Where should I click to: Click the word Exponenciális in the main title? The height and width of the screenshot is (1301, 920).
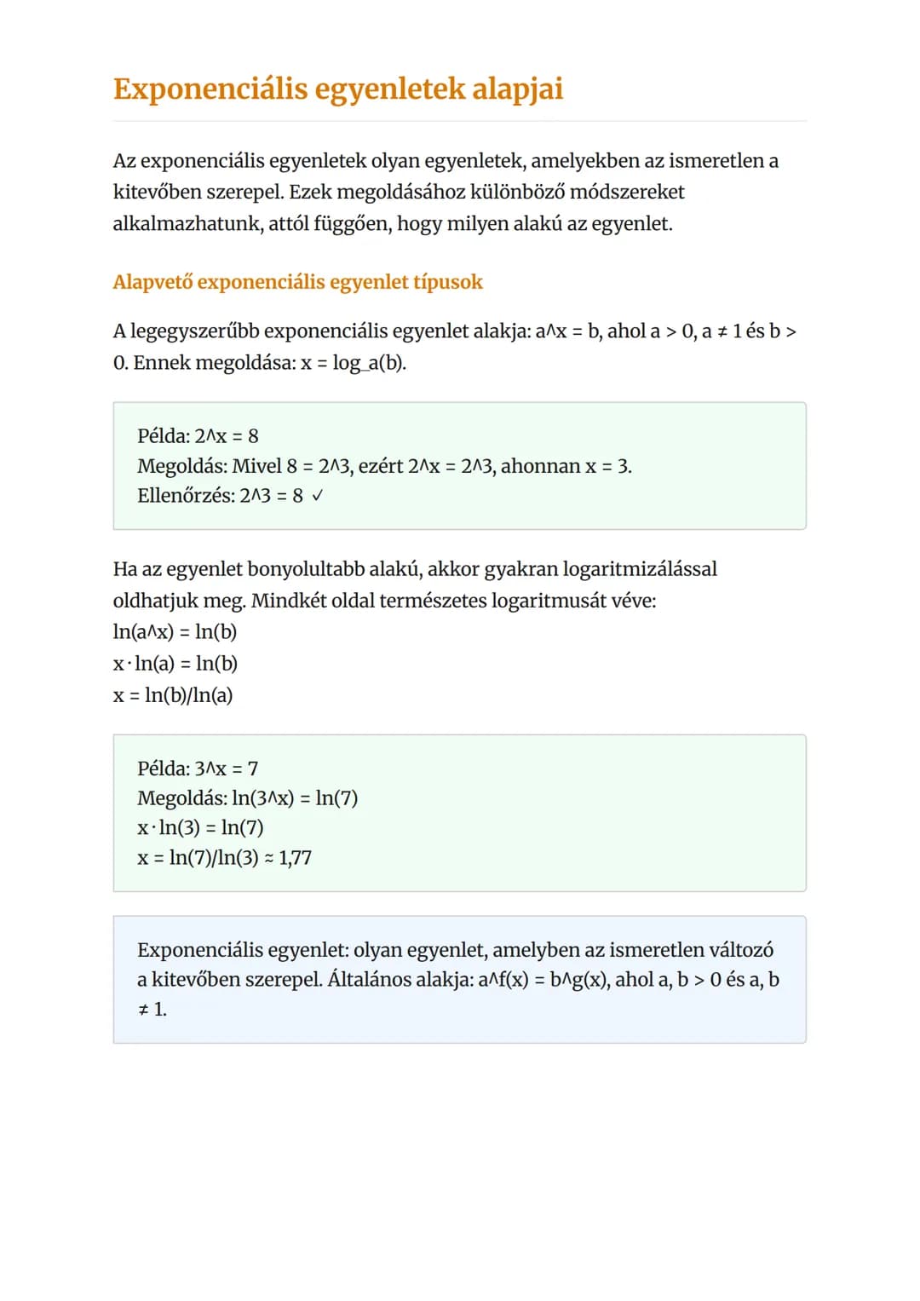click(210, 89)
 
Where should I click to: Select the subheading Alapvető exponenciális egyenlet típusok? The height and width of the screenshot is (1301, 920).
click(297, 282)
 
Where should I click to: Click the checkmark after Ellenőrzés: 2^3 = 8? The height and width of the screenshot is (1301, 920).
click(317, 495)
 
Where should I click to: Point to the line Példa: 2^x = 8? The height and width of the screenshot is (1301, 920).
click(198, 436)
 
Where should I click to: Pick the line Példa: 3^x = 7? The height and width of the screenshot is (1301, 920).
click(198, 769)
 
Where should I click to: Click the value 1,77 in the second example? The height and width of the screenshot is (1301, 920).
click(295, 857)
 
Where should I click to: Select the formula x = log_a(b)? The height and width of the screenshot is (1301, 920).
click(354, 363)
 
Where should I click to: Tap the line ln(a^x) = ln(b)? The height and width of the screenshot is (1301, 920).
click(175, 632)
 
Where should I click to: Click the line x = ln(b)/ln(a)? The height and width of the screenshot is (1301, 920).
click(173, 695)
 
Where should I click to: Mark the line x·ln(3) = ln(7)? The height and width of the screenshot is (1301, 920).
click(200, 827)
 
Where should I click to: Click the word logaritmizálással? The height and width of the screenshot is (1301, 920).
click(640, 569)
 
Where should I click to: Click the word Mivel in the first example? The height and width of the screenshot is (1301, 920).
click(256, 466)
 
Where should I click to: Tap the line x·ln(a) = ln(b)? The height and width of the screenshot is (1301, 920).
click(175, 664)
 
